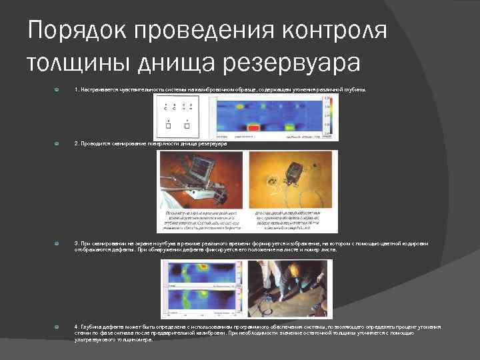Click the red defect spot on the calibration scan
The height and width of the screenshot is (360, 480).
pyautogui.click(x=254, y=126)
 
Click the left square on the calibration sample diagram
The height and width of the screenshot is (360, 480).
pyautogui.click(x=169, y=125)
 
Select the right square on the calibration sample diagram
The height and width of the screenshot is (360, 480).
pyautogui.click(x=187, y=125)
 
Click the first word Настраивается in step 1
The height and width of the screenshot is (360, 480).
pyautogui.click(x=98, y=89)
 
